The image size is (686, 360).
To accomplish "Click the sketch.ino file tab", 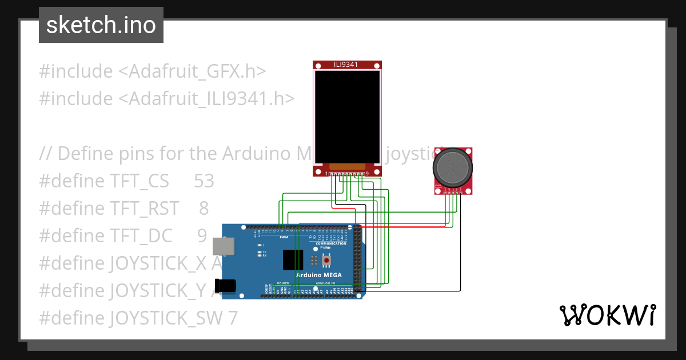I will [101, 25].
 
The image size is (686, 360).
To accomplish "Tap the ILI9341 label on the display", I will [346, 65].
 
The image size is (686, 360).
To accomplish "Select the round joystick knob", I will [453, 167].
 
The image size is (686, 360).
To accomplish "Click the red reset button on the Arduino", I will [326, 261].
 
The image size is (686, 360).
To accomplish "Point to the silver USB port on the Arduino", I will [222, 246].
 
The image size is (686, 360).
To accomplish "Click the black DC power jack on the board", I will [225, 286].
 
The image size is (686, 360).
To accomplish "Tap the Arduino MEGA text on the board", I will [319, 275].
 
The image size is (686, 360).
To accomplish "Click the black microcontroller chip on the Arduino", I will [293, 259].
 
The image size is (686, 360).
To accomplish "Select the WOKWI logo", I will [607, 315].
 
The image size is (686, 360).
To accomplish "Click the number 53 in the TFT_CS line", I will [204, 181].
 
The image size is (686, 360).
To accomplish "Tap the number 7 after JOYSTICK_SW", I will [232, 318].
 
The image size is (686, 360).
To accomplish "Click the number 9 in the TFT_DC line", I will [202, 235].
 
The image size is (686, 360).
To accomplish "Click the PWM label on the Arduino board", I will [284, 237].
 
